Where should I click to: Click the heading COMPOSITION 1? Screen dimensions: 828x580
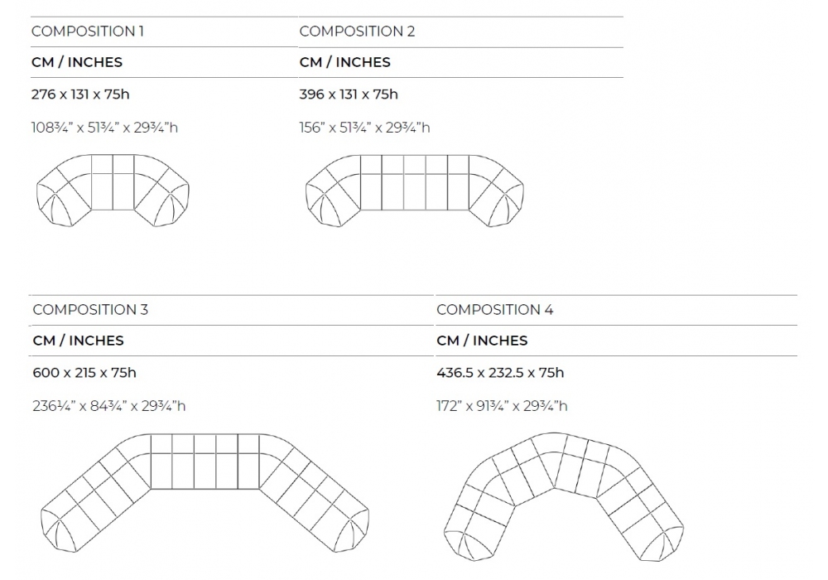pyautogui.click(x=88, y=31)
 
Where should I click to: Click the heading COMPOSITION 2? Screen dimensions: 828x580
pyautogui.click(x=357, y=31)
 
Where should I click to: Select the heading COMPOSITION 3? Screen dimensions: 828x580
pyautogui.click(x=90, y=310)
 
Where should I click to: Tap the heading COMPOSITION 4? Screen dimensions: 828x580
pyautogui.click(x=495, y=310)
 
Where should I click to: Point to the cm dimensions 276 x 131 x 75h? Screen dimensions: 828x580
pyautogui.click(x=80, y=94)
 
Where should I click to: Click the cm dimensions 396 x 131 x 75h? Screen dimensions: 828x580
pyautogui.click(x=349, y=94)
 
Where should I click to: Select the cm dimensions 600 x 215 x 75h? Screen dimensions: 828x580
pyautogui.click(x=84, y=373)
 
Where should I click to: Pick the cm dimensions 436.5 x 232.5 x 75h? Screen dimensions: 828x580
pyautogui.click(x=500, y=373)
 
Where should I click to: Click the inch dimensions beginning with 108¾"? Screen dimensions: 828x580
pyautogui.click(x=104, y=128)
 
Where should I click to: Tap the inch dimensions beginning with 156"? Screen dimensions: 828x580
pyautogui.click(x=364, y=128)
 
